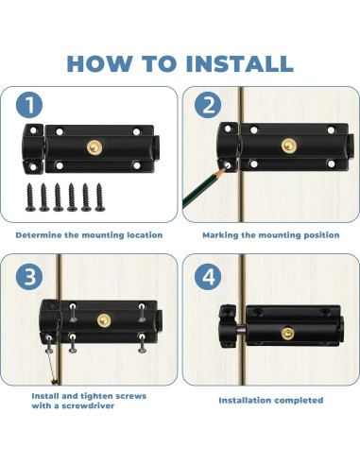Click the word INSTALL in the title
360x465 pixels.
click(240, 63)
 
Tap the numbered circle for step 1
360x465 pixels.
click(29, 105)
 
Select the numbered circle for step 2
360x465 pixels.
click(208, 105)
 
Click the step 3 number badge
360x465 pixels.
click(29, 277)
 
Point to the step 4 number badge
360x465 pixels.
click(208, 277)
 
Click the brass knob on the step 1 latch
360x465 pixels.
click(94, 147)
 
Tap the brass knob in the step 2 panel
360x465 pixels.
click(289, 146)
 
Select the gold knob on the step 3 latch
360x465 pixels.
click(104, 320)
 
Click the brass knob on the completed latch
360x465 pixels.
click(288, 334)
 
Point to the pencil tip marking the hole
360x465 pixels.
click(225, 168)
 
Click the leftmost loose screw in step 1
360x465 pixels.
click(30, 198)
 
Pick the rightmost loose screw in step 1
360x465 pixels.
click(100, 198)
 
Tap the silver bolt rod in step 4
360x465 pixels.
click(241, 332)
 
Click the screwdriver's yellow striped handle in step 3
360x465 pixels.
click(55, 382)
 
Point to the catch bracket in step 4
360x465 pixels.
click(228, 326)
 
